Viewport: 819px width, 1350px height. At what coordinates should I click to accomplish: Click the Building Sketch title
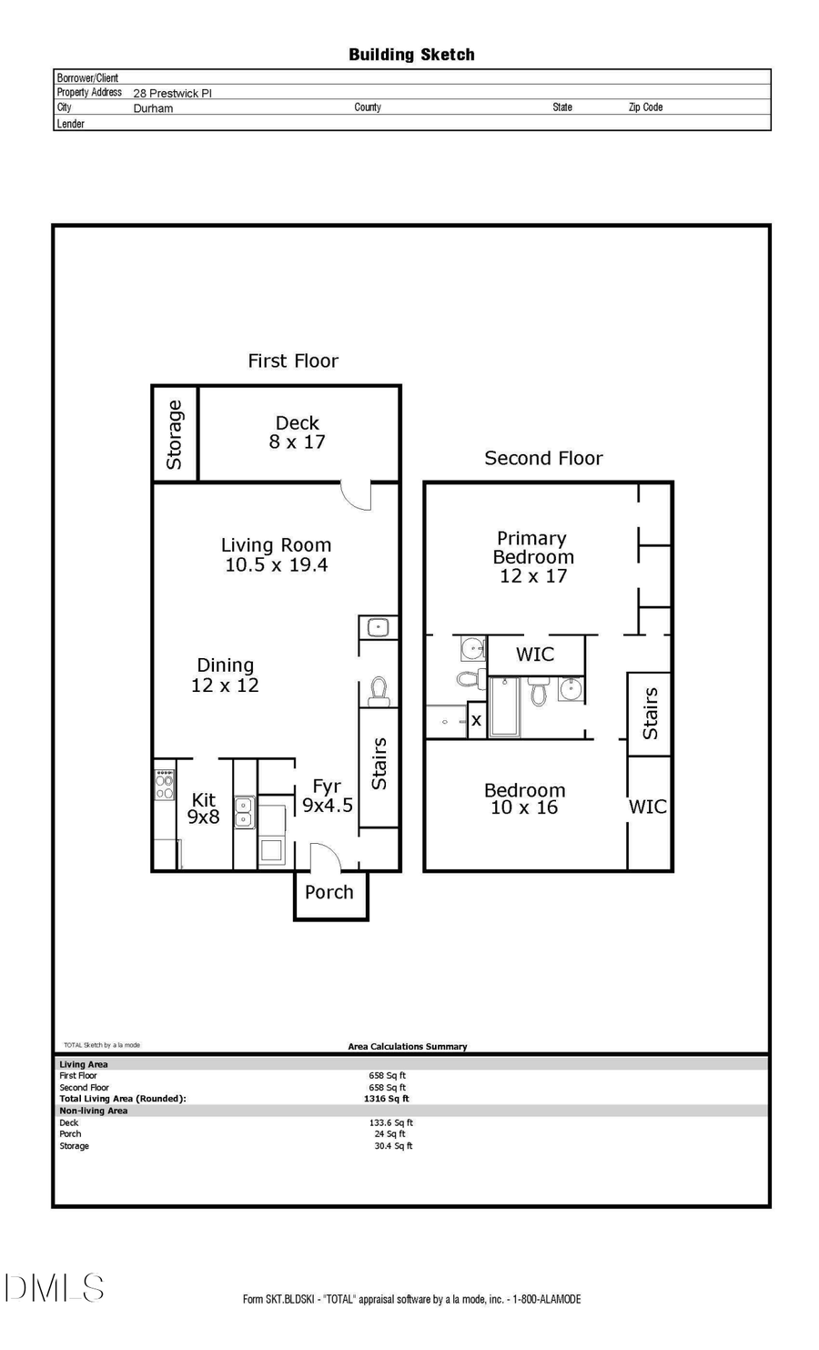point(411,55)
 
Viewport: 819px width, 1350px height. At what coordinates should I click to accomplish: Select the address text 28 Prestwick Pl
point(173,93)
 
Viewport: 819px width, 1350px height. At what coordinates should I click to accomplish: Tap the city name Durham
point(153,108)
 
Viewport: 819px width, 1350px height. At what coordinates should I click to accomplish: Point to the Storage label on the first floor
point(174,434)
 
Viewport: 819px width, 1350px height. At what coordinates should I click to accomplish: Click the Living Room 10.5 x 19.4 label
point(277,555)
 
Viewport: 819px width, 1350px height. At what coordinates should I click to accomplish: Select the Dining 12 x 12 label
point(225,675)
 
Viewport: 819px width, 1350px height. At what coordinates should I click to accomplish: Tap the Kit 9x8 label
point(204,808)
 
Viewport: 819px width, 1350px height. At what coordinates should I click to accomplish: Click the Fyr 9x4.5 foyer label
point(327,796)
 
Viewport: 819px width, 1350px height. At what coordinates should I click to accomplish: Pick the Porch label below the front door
point(329,893)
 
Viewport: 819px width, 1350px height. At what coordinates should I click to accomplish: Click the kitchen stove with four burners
point(165,785)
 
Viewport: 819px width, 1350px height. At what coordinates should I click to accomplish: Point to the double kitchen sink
point(245,812)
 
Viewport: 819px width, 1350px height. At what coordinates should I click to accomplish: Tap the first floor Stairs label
point(379,764)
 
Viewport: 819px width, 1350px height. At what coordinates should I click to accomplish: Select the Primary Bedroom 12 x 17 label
point(532,557)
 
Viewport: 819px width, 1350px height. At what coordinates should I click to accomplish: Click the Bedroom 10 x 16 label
point(524,799)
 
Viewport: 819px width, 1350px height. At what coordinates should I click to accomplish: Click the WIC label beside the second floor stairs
point(647,807)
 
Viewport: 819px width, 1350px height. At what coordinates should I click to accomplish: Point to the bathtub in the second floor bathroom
point(504,707)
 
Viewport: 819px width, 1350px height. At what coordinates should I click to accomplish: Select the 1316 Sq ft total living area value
point(386,1099)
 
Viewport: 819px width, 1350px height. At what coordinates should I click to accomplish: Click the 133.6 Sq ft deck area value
point(390,1122)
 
